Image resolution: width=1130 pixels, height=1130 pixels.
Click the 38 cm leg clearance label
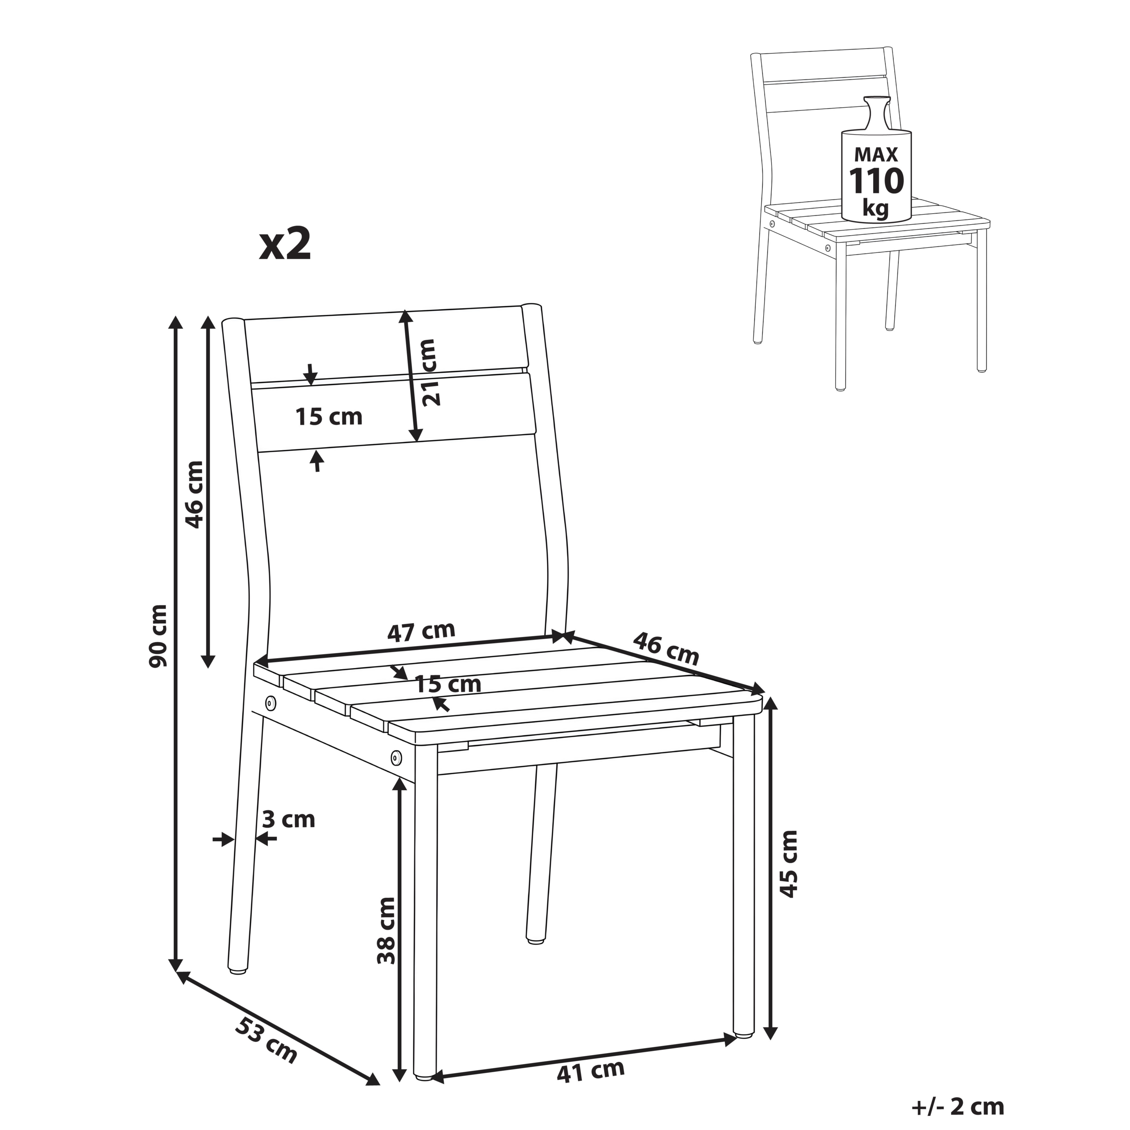click(387, 930)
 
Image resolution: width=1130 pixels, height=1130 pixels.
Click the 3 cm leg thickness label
click(288, 819)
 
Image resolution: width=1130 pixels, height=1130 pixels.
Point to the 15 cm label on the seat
click(448, 684)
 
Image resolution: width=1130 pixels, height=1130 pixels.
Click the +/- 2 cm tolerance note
click(957, 1106)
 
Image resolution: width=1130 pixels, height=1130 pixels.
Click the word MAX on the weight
click(876, 154)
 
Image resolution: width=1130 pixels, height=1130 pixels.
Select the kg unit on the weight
click(876, 207)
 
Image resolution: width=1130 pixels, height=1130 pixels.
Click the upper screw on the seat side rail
click(271, 701)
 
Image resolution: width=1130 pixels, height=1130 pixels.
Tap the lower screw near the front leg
click(396, 758)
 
